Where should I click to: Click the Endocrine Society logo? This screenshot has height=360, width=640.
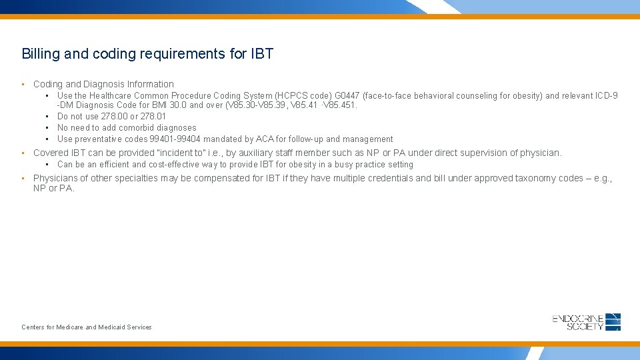click(587, 322)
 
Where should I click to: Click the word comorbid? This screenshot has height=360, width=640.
click(137, 128)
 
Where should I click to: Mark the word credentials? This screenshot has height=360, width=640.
click(389, 178)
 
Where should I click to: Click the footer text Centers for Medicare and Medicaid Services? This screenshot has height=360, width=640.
click(87, 327)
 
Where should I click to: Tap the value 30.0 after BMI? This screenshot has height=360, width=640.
click(178, 105)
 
